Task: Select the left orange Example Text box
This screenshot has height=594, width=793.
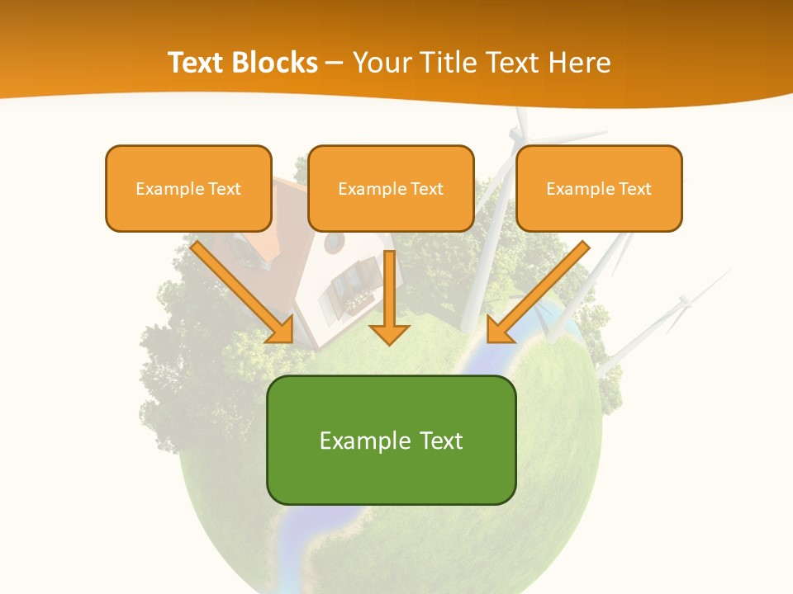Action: tap(188, 189)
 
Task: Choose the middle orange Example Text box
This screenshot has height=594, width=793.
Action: tap(391, 189)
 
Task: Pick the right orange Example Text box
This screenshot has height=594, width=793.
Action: tap(599, 189)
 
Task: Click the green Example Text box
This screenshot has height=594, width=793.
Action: tap(391, 440)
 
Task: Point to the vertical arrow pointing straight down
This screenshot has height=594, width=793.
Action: tap(389, 297)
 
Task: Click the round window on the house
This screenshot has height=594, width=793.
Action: tap(335, 243)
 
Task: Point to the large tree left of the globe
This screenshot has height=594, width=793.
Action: tap(178, 363)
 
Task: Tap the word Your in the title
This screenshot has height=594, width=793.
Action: tap(379, 63)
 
